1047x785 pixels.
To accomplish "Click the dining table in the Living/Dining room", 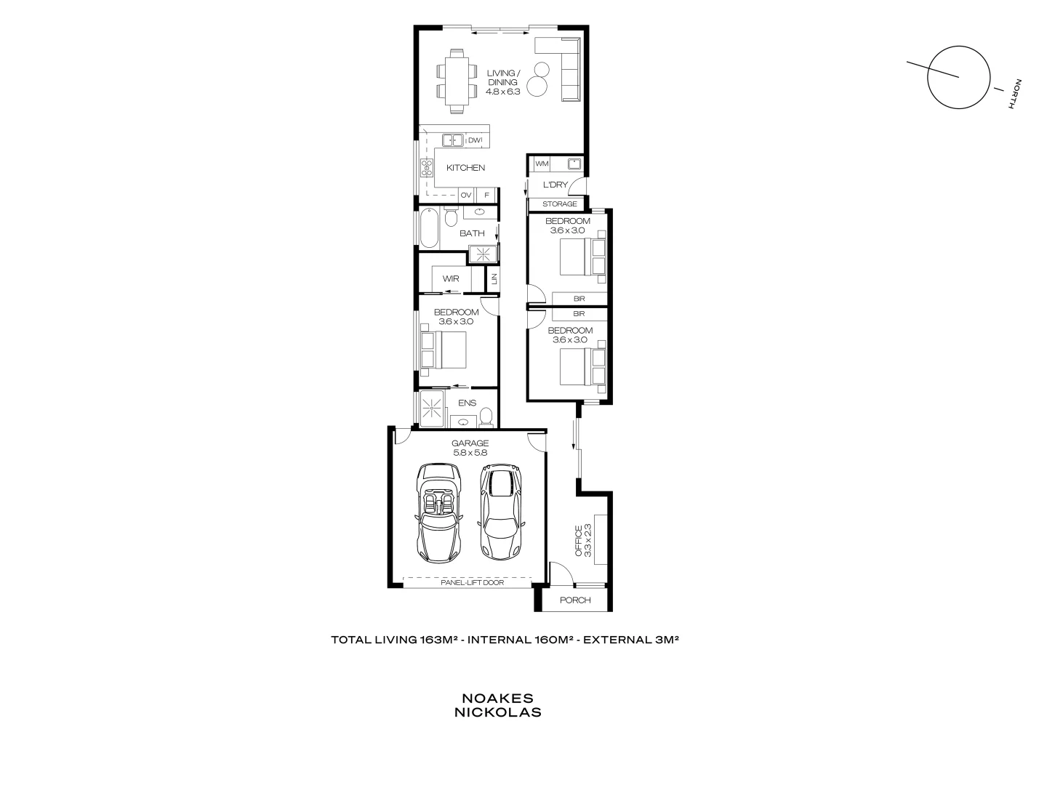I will point(455,81).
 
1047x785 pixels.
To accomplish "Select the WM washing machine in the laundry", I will point(542,164).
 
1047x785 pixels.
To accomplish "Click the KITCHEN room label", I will point(465,168).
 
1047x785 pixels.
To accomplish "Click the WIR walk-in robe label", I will point(451,279).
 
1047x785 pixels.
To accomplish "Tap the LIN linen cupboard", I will point(493,279).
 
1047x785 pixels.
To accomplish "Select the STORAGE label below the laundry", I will point(559,204).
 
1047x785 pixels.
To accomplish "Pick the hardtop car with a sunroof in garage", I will point(500,513).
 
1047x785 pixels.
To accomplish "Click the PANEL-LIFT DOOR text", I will point(472,583).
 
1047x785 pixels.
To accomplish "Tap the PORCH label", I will point(575,600).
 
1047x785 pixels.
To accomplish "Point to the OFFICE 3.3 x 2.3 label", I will point(583,541).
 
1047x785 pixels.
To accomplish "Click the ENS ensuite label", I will point(467,403).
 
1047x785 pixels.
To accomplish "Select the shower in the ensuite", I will point(434,408).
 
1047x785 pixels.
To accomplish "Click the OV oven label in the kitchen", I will point(466,196).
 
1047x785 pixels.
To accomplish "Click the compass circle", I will point(959,78).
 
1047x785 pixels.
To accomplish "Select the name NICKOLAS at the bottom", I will point(497,713).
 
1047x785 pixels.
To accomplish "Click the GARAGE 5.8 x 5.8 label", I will point(470,448).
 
